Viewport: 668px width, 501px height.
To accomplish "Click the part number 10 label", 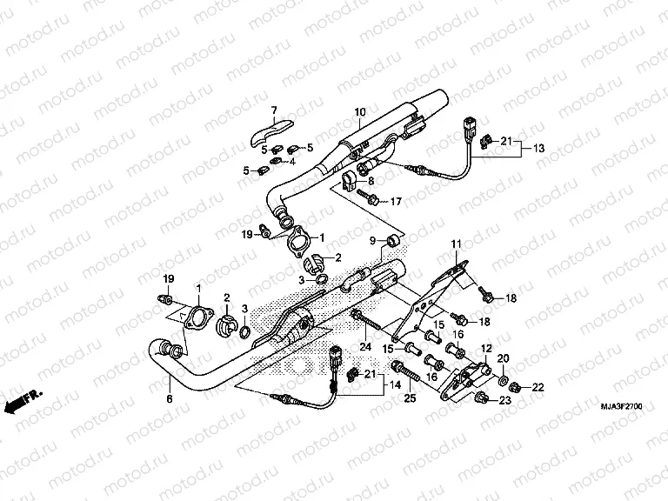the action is (x=360, y=113).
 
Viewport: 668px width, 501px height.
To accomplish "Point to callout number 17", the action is (x=395, y=202).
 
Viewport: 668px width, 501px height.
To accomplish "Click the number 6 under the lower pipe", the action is (x=170, y=398).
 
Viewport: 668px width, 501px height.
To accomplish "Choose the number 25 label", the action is (x=410, y=397).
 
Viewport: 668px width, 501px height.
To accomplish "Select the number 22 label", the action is (x=537, y=387).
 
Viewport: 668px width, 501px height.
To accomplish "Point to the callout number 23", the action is (x=504, y=401).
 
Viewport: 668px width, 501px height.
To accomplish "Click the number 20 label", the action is (x=503, y=358).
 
